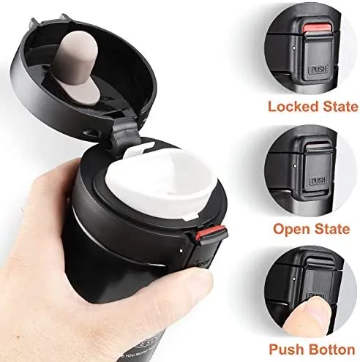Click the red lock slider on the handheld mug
coord(201,236)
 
